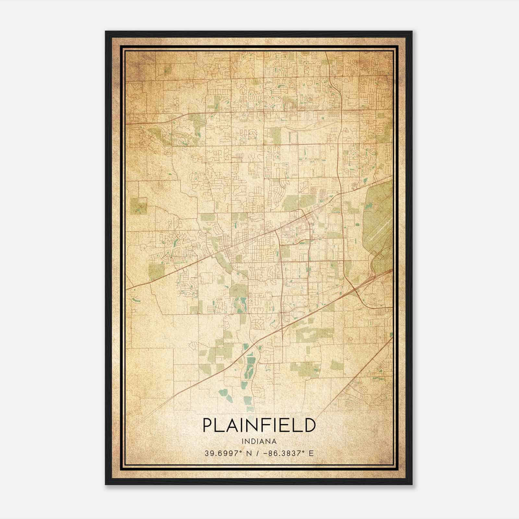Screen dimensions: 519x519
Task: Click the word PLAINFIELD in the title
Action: (259, 425)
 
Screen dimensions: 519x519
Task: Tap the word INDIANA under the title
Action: (259, 441)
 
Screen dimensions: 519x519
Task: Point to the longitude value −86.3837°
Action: (282, 453)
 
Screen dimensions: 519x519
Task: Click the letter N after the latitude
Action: (249, 453)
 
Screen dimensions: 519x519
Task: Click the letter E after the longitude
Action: (311, 453)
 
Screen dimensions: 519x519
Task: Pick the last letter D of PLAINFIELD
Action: (310, 425)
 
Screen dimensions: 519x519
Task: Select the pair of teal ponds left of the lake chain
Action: (223, 393)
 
